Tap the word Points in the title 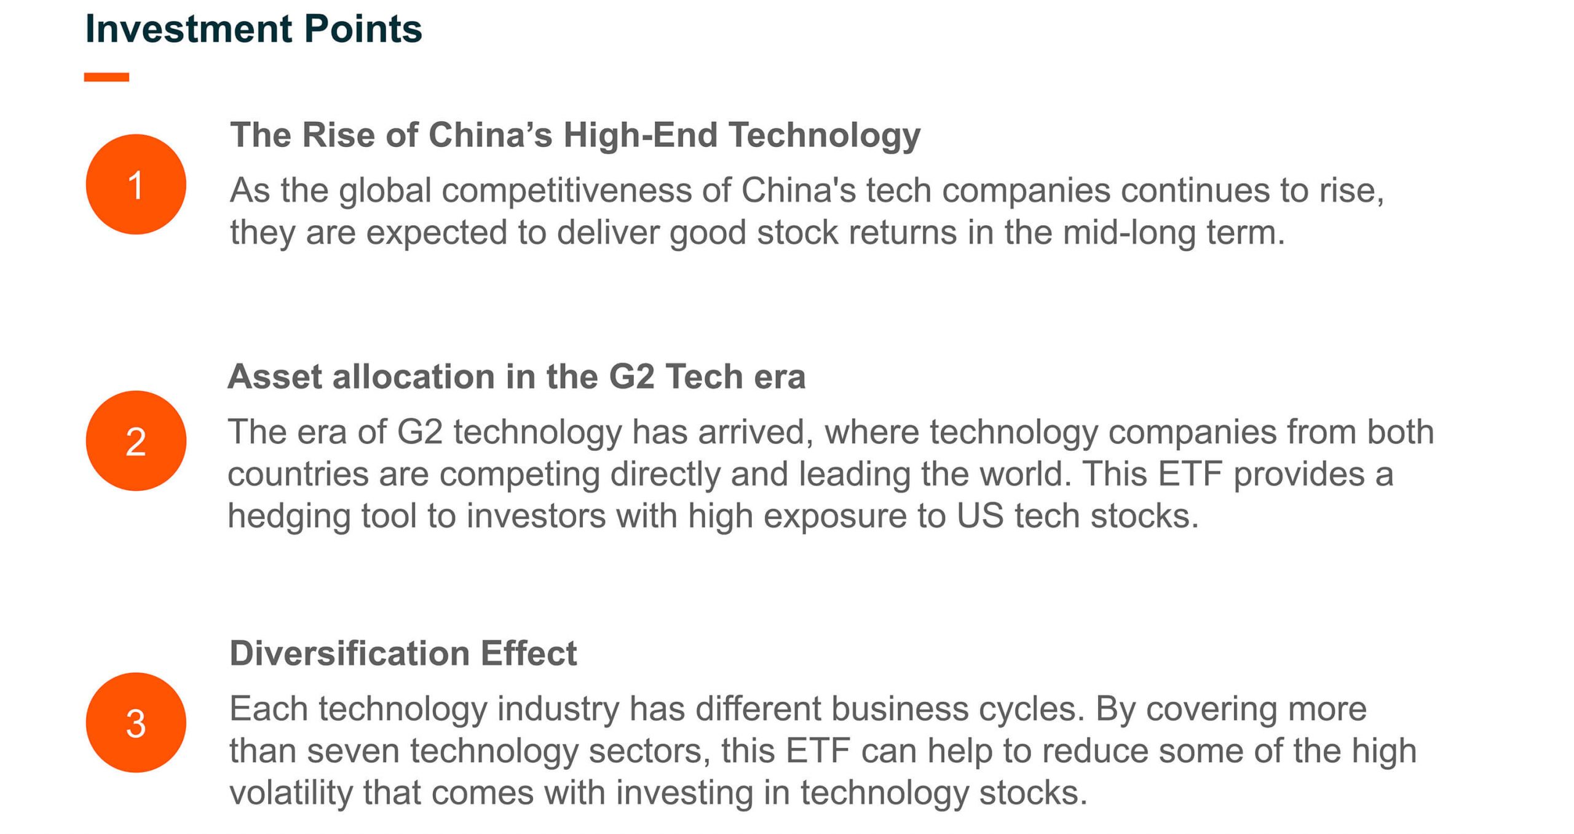tap(363, 29)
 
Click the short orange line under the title tap(106, 77)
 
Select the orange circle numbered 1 tap(136, 185)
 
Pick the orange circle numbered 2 tap(136, 441)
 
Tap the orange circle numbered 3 tap(136, 723)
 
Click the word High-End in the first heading tap(640, 135)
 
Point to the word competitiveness tap(566, 191)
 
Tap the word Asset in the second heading tap(275, 376)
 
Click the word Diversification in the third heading tap(349, 653)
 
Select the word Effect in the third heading tap(529, 653)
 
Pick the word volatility tap(291, 793)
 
